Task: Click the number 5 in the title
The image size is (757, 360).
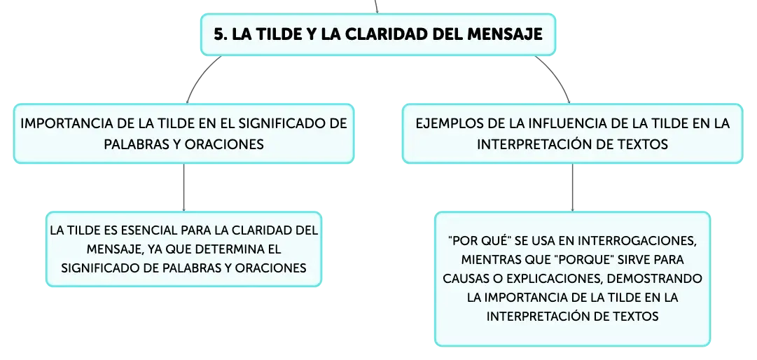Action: [219, 34]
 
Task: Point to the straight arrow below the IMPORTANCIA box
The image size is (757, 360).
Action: [183, 187]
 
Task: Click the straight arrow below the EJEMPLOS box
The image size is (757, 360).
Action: [573, 187]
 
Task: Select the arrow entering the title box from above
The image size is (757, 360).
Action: [377, 6]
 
